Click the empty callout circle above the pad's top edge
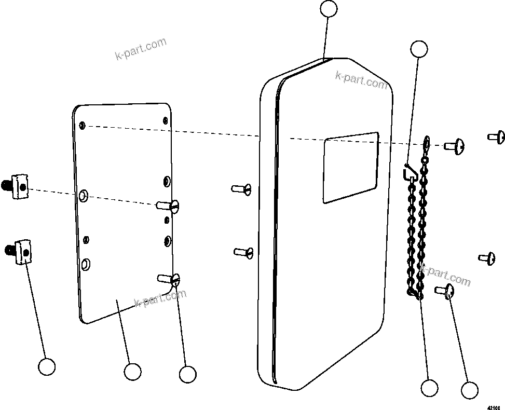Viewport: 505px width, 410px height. [x=329, y=9]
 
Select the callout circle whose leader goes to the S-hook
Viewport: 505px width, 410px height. [x=419, y=49]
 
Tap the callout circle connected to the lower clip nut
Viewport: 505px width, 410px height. [x=47, y=367]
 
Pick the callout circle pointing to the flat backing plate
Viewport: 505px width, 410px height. [x=132, y=372]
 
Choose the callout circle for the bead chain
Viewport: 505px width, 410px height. [x=429, y=388]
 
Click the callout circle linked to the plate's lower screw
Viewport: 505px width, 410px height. [x=187, y=374]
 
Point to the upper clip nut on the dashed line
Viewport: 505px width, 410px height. [x=18, y=186]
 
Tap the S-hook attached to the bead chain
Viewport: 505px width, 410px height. [x=410, y=172]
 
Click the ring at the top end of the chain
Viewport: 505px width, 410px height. [x=427, y=141]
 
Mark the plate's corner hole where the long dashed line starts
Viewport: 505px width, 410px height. [x=83, y=126]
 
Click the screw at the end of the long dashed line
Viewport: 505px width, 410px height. [x=454, y=146]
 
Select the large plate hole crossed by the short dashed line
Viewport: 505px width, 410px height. [x=83, y=196]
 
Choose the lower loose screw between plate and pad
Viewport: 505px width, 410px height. [x=243, y=252]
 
